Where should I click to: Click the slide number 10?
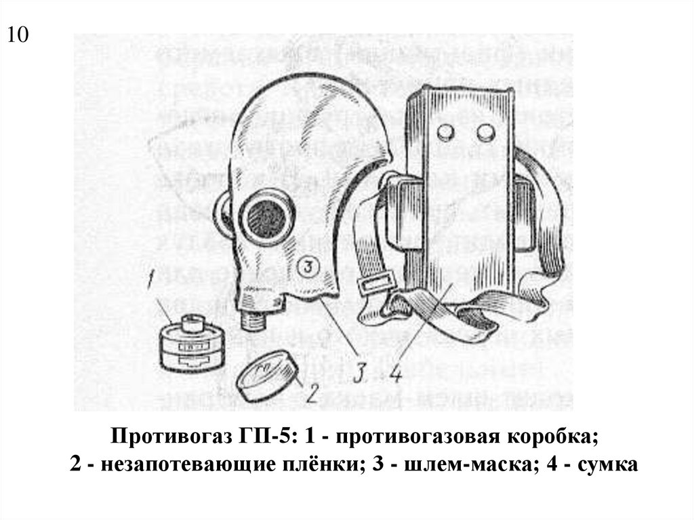click(x=18, y=35)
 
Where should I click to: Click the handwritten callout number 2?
click(x=312, y=391)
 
